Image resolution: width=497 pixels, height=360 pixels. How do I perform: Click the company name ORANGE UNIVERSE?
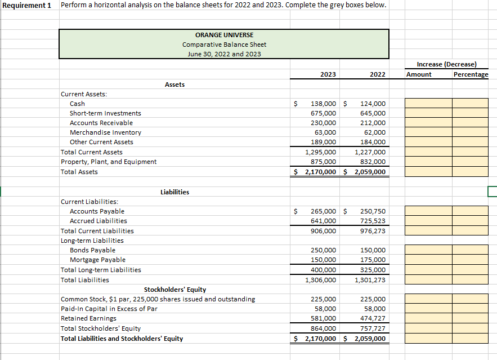point(224,35)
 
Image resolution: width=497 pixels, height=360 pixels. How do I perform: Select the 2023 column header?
point(328,74)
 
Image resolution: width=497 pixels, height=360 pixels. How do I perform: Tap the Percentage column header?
point(471,74)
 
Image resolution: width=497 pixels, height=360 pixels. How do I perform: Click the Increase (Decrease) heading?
point(446,64)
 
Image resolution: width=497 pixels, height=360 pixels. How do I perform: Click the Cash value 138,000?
point(324,104)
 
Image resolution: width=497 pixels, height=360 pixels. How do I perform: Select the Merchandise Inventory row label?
point(105,132)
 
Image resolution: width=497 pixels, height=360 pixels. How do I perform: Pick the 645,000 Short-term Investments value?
point(373,113)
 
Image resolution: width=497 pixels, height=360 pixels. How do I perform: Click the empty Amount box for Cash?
point(428,104)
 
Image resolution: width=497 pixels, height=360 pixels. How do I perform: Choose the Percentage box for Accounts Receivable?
point(470,123)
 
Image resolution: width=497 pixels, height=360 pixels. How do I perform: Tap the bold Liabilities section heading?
point(174,192)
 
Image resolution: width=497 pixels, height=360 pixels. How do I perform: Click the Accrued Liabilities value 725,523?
point(373,221)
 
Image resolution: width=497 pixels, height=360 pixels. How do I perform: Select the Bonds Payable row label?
point(92,250)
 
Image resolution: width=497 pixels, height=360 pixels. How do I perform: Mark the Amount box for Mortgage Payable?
point(428,260)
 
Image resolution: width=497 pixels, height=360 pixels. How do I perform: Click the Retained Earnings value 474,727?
point(373,318)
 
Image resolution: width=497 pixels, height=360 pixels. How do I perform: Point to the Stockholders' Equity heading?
point(174,290)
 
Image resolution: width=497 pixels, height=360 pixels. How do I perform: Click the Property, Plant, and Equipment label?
point(109,162)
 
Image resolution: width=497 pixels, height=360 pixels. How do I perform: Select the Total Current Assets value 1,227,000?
point(370,152)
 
